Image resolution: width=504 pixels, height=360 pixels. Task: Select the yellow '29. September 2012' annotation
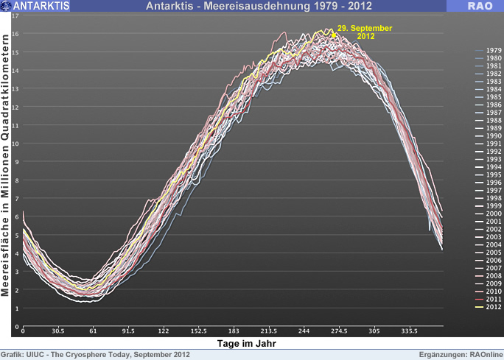click(364, 32)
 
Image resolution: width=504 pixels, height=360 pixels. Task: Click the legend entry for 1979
click(494, 51)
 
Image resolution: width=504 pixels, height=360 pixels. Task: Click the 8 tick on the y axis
click(16, 180)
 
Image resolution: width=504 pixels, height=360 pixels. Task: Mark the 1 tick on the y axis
click(16, 308)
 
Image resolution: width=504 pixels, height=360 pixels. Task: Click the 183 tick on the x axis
click(234, 331)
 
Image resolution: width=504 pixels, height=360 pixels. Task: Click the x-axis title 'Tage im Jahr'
click(252, 343)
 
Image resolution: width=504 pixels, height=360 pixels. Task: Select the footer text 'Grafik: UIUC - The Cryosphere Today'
click(96, 355)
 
